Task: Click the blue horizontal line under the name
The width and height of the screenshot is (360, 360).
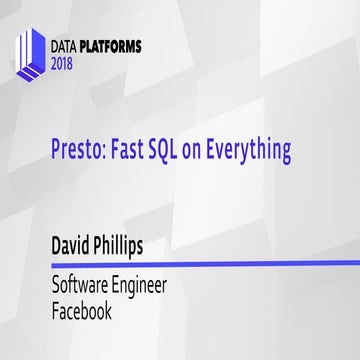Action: [x=190, y=264]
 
